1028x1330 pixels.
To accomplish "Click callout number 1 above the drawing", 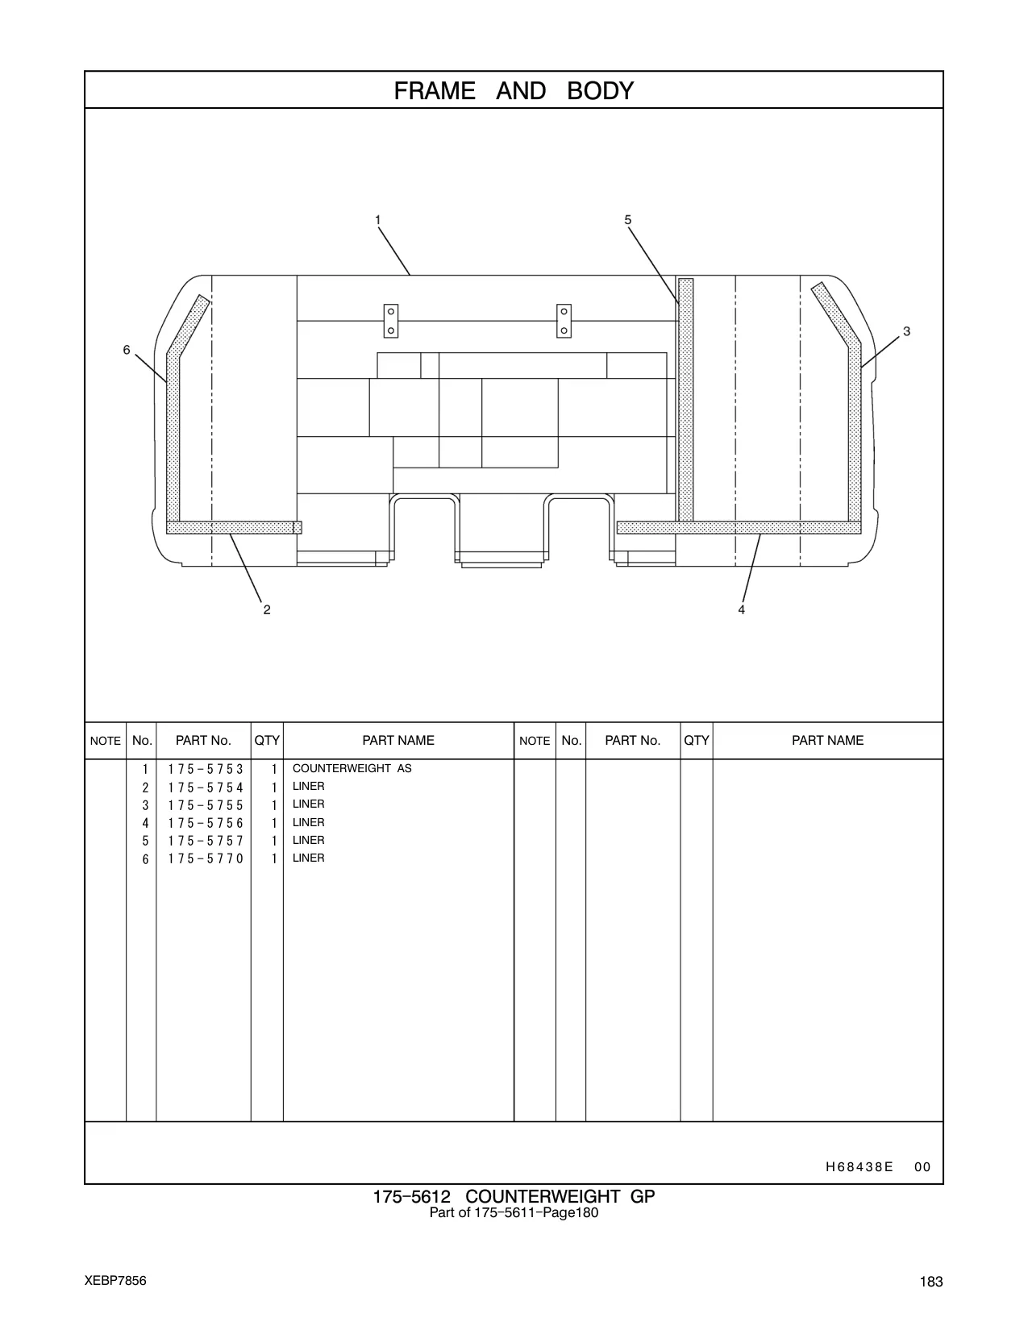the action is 378,220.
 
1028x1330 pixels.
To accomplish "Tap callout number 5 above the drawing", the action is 627,220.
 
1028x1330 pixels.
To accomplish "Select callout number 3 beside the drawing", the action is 907,331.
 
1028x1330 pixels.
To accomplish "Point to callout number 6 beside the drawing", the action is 127,350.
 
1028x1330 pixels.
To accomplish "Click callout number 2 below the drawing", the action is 267,609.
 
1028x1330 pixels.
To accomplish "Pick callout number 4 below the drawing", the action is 742,609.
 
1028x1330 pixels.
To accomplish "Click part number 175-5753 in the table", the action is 206,769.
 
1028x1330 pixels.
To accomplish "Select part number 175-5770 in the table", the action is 206,858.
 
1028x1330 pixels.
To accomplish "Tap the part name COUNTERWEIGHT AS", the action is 352,768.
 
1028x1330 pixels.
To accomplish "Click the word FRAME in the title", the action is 435,90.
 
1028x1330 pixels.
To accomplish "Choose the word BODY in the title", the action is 600,90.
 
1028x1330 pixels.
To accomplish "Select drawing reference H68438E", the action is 859,1166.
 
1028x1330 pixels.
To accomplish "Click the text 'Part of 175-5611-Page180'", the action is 514,1212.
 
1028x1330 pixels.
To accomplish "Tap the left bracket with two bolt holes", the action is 390,321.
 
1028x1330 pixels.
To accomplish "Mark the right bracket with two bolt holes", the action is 564,321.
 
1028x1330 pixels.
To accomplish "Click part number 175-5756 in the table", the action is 206,823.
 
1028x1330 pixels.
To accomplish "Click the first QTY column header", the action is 267,740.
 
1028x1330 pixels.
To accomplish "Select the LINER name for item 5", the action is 309,840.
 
